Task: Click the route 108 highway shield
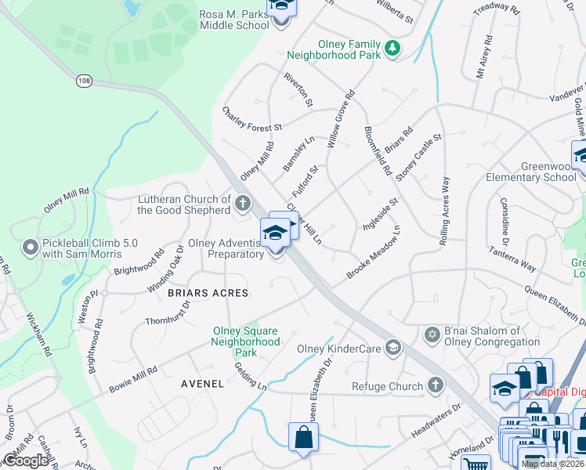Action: click(84, 80)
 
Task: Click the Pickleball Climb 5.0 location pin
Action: click(31, 248)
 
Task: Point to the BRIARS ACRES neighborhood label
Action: click(208, 293)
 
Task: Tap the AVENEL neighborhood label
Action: click(203, 384)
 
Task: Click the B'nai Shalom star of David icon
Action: click(430, 335)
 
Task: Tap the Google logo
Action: click(25, 460)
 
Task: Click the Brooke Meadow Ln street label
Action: click(374, 253)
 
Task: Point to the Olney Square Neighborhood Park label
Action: click(246, 342)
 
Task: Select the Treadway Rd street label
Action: click(497, 9)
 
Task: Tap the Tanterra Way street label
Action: click(534, 255)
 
